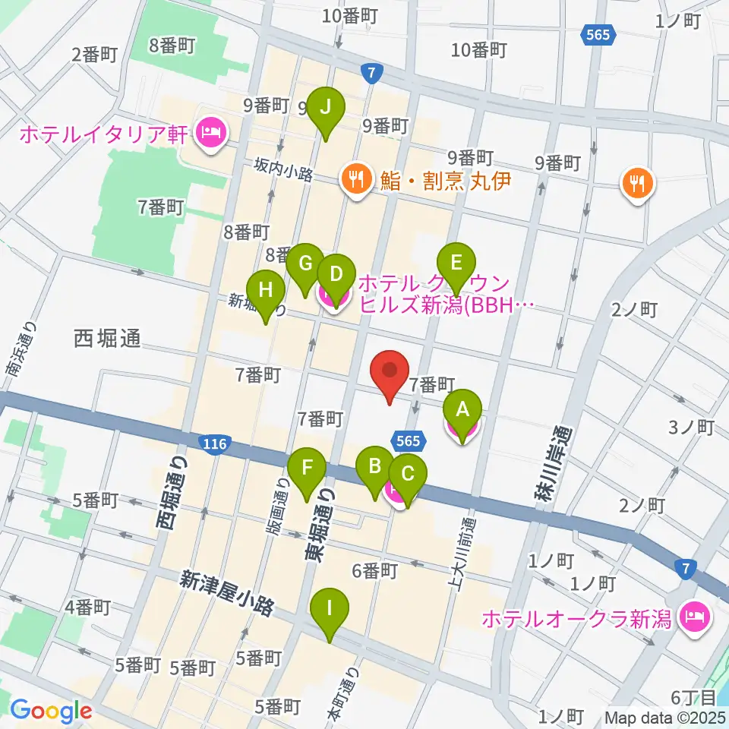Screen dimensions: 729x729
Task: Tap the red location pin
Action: point(390,374)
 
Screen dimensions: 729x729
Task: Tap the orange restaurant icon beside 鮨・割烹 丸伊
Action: point(354,180)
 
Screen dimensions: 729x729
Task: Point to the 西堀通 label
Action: point(107,339)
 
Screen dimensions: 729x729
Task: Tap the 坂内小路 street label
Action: point(284,172)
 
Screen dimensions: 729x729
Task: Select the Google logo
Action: point(51,712)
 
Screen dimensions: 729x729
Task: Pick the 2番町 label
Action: point(94,53)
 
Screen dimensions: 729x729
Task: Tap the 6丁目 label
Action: point(692,696)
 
